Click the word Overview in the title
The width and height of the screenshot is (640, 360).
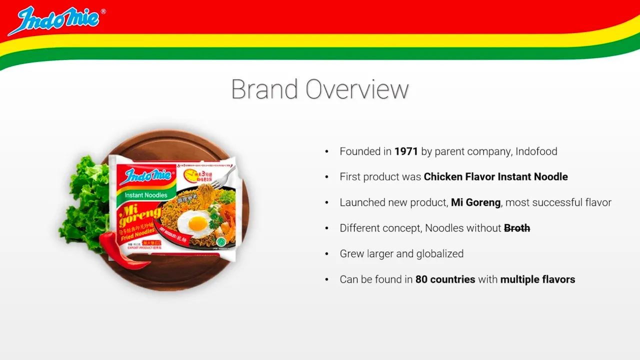pyautogui.click(x=357, y=89)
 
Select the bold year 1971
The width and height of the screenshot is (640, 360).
pyautogui.click(x=406, y=151)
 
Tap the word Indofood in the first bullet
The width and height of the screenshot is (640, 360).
pyautogui.click(x=536, y=151)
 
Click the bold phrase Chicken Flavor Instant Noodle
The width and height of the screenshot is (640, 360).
pyautogui.click(x=495, y=177)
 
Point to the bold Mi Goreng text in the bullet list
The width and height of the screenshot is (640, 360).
pyautogui.click(x=475, y=202)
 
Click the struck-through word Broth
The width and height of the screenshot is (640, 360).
pyautogui.click(x=517, y=228)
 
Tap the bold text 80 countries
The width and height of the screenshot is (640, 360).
pyautogui.click(x=445, y=279)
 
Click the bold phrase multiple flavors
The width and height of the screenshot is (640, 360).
pyautogui.click(x=537, y=279)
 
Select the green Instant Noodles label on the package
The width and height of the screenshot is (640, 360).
pyautogui.click(x=145, y=195)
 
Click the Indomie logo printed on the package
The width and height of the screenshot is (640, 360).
pyautogui.click(x=148, y=175)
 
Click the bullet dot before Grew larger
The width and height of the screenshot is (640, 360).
pyautogui.click(x=327, y=254)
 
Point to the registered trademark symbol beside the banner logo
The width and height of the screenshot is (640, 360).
pyautogui.click(x=103, y=11)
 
